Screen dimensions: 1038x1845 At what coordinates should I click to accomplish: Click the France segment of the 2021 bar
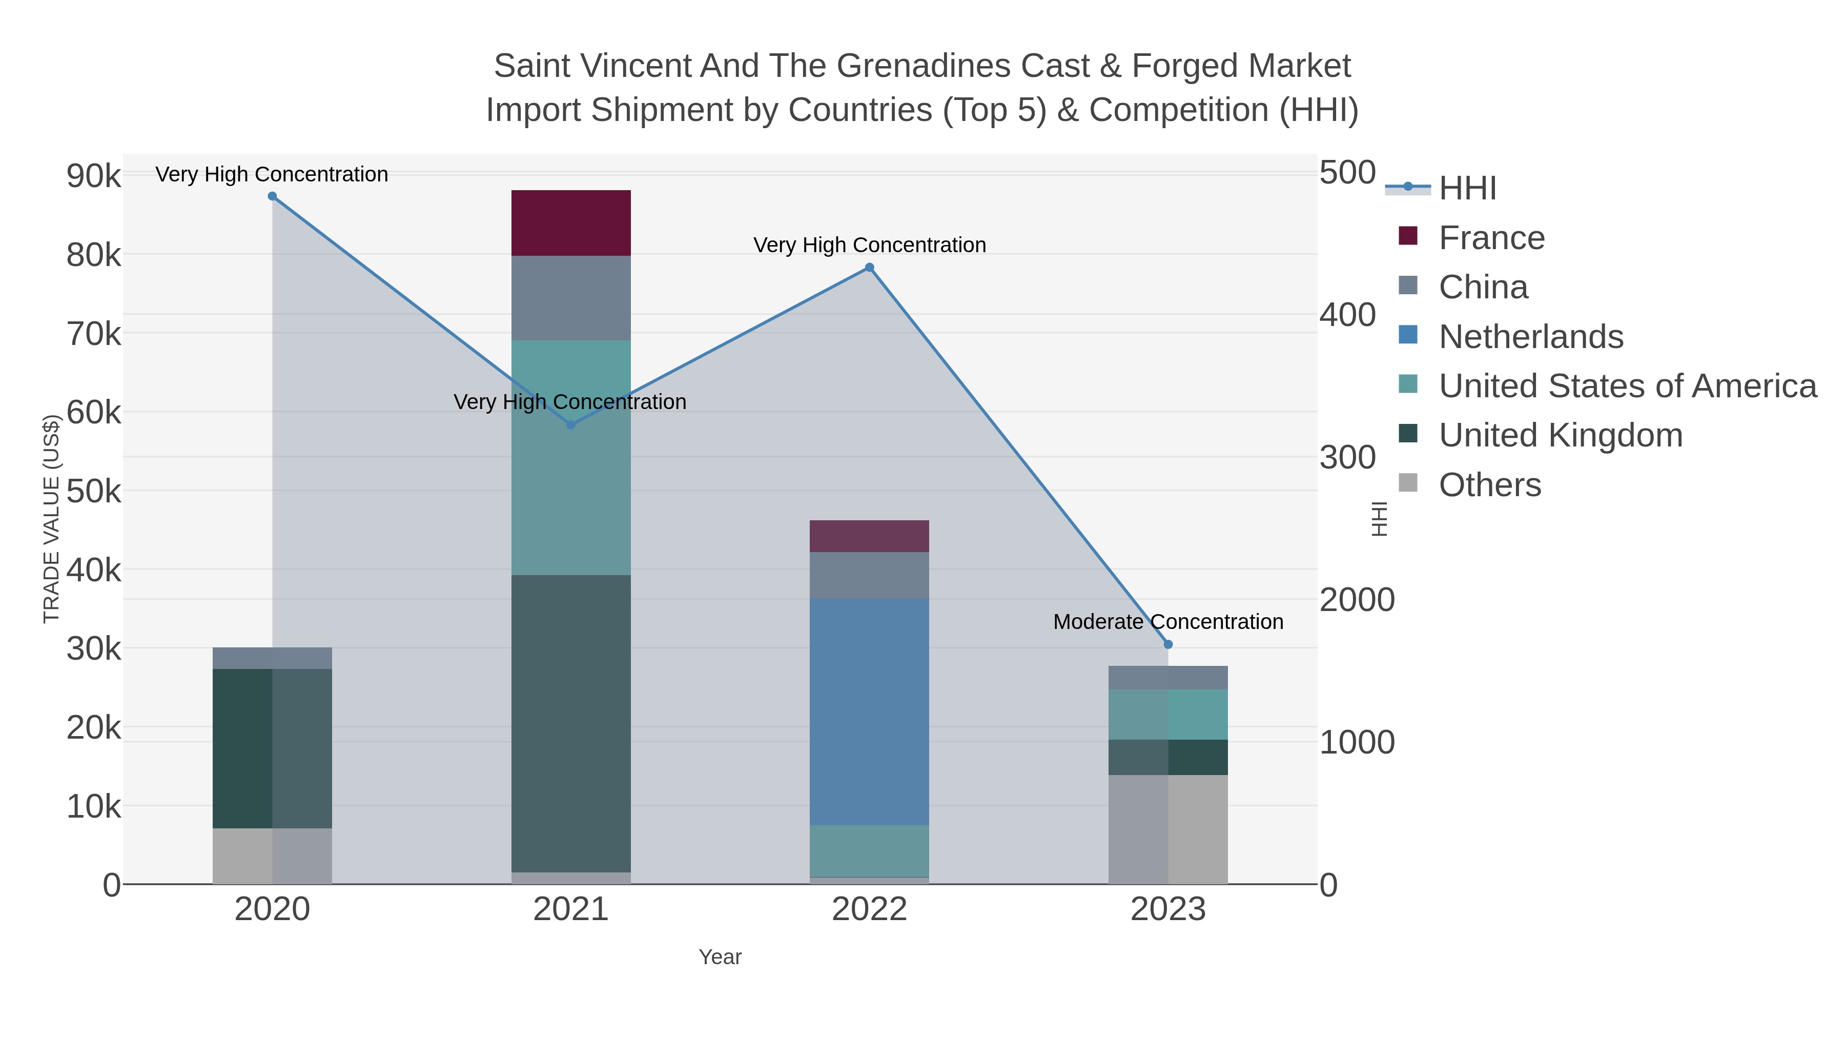click(x=571, y=223)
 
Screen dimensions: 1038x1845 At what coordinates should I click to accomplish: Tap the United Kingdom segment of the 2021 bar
click(x=571, y=723)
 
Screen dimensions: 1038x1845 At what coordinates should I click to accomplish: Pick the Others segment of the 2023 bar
click(x=1168, y=829)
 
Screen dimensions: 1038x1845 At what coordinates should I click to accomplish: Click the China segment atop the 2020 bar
click(x=272, y=658)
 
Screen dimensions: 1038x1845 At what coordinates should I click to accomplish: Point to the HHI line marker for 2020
click(x=272, y=196)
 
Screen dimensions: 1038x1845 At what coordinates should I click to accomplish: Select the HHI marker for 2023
click(x=1168, y=644)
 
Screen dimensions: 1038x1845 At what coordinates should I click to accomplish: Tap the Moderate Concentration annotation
click(x=1168, y=622)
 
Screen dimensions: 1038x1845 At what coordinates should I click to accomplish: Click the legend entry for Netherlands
click(x=1530, y=337)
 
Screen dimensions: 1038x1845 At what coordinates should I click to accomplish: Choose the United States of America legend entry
click(x=1627, y=386)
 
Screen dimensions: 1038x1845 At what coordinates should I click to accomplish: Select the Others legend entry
click(x=1490, y=485)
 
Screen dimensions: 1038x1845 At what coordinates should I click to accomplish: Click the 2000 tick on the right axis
click(x=1357, y=600)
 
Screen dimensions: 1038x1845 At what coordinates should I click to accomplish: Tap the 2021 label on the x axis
click(x=571, y=909)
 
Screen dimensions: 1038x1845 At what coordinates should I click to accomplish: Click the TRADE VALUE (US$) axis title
click(x=51, y=519)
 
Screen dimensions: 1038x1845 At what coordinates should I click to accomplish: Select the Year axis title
click(x=720, y=957)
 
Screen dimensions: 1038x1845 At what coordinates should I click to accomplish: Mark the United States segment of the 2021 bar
click(x=571, y=457)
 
